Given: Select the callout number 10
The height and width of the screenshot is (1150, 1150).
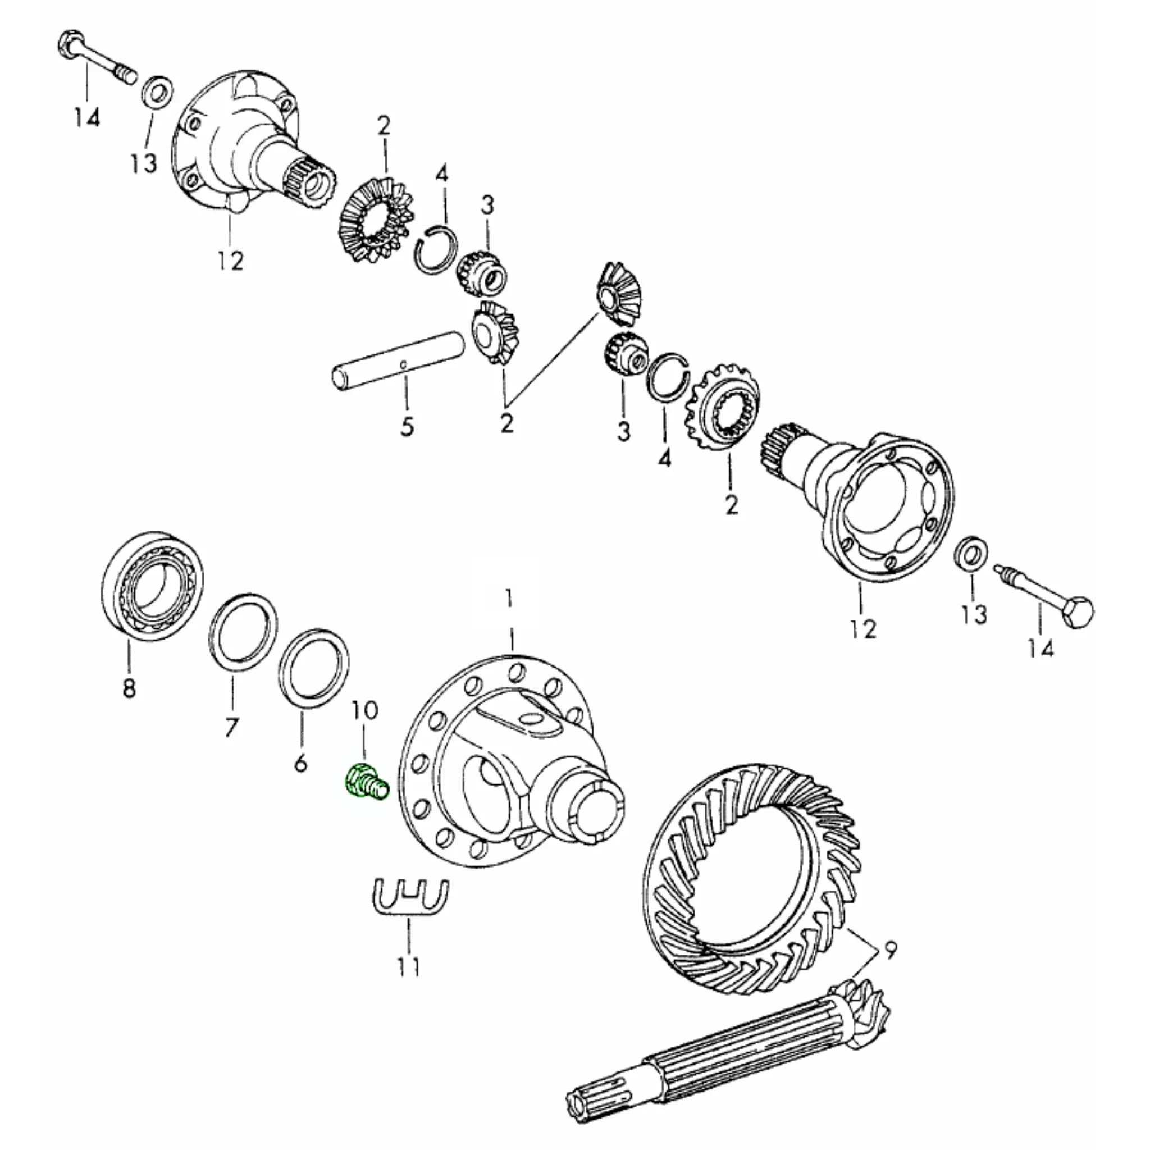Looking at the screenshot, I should click(x=364, y=710).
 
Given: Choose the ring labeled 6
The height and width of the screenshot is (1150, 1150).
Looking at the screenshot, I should click(x=314, y=667).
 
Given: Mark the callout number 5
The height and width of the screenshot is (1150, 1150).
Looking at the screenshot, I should click(x=407, y=427).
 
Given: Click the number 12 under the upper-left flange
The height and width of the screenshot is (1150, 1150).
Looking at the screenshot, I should click(x=230, y=261).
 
